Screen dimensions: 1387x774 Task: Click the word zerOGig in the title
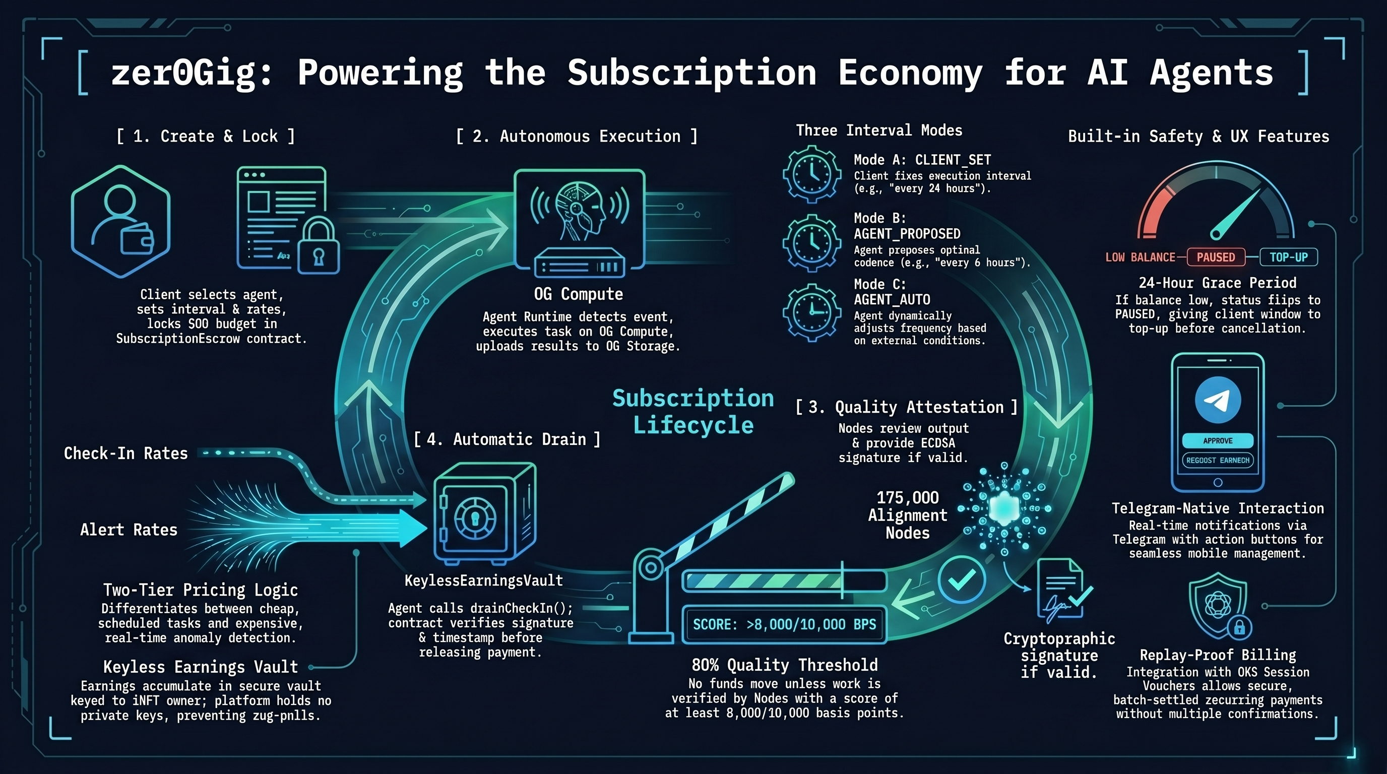[191, 73]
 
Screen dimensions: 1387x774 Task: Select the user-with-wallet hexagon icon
[120, 221]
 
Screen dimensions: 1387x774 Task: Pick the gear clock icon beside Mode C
[812, 313]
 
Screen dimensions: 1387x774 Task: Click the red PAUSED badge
[1216, 257]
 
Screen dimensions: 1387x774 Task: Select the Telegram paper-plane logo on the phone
[1218, 400]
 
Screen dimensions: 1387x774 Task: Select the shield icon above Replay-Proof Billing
[1219, 606]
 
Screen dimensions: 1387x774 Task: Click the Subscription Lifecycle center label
[693, 411]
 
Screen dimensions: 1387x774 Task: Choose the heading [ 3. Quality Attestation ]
[907, 408]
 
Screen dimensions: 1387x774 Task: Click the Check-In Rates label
[126, 453]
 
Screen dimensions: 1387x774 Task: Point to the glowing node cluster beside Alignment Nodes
[1004, 508]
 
